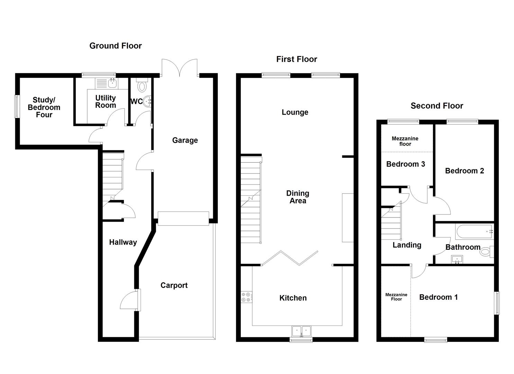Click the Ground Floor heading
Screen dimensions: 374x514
(x=116, y=46)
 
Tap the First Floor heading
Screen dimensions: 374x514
(x=297, y=59)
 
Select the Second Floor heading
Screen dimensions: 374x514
(x=437, y=106)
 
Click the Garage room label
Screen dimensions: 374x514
(x=185, y=140)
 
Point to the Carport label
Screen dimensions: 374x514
(x=174, y=285)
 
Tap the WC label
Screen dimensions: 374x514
(x=136, y=102)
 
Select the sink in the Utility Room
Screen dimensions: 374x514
(x=112, y=83)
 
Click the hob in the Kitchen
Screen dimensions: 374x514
(x=247, y=297)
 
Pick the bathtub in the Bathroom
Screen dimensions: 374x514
(x=474, y=231)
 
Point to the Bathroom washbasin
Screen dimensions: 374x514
(x=457, y=259)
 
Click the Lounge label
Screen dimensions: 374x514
(x=295, y=112)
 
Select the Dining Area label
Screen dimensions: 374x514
(x=298, y=197)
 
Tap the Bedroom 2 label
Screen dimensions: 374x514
(x=464, y=171)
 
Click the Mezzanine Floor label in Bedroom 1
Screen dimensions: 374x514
(x=396, y=297)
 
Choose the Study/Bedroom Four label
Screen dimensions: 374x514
(x=44, y=107)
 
